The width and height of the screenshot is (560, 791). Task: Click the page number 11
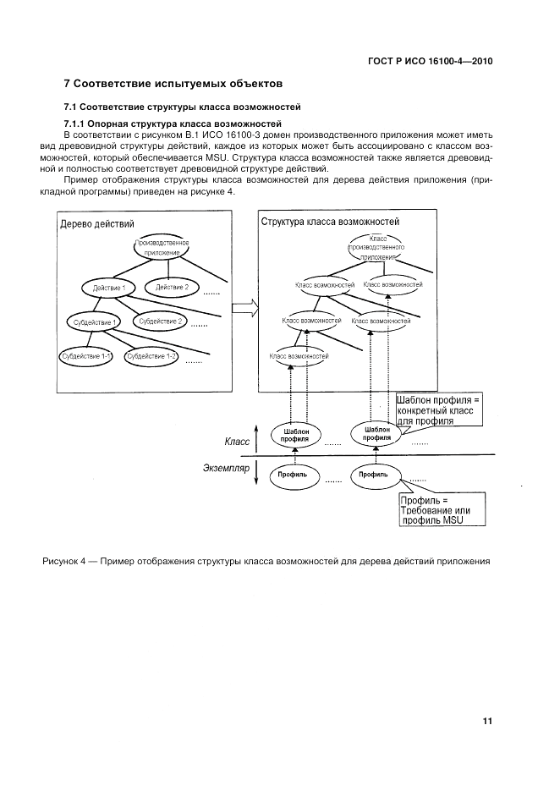487,721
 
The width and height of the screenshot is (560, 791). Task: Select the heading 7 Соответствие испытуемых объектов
173,84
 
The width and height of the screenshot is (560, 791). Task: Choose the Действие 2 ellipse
172,288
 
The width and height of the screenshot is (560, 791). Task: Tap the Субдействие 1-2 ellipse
151,356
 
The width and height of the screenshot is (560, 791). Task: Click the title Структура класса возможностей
330,222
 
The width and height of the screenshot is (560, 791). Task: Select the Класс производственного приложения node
377,247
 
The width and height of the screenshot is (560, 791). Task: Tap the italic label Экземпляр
227,466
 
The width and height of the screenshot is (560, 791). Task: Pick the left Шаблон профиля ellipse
296,435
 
